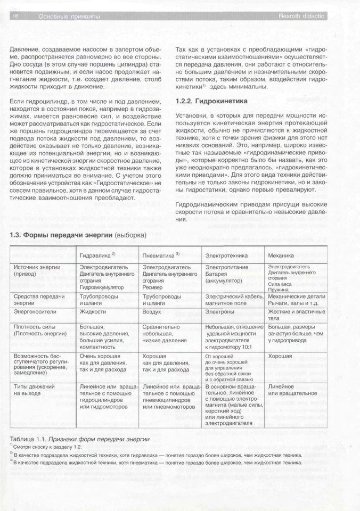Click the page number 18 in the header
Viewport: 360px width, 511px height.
15,18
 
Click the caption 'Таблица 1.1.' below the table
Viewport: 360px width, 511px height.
28,438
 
